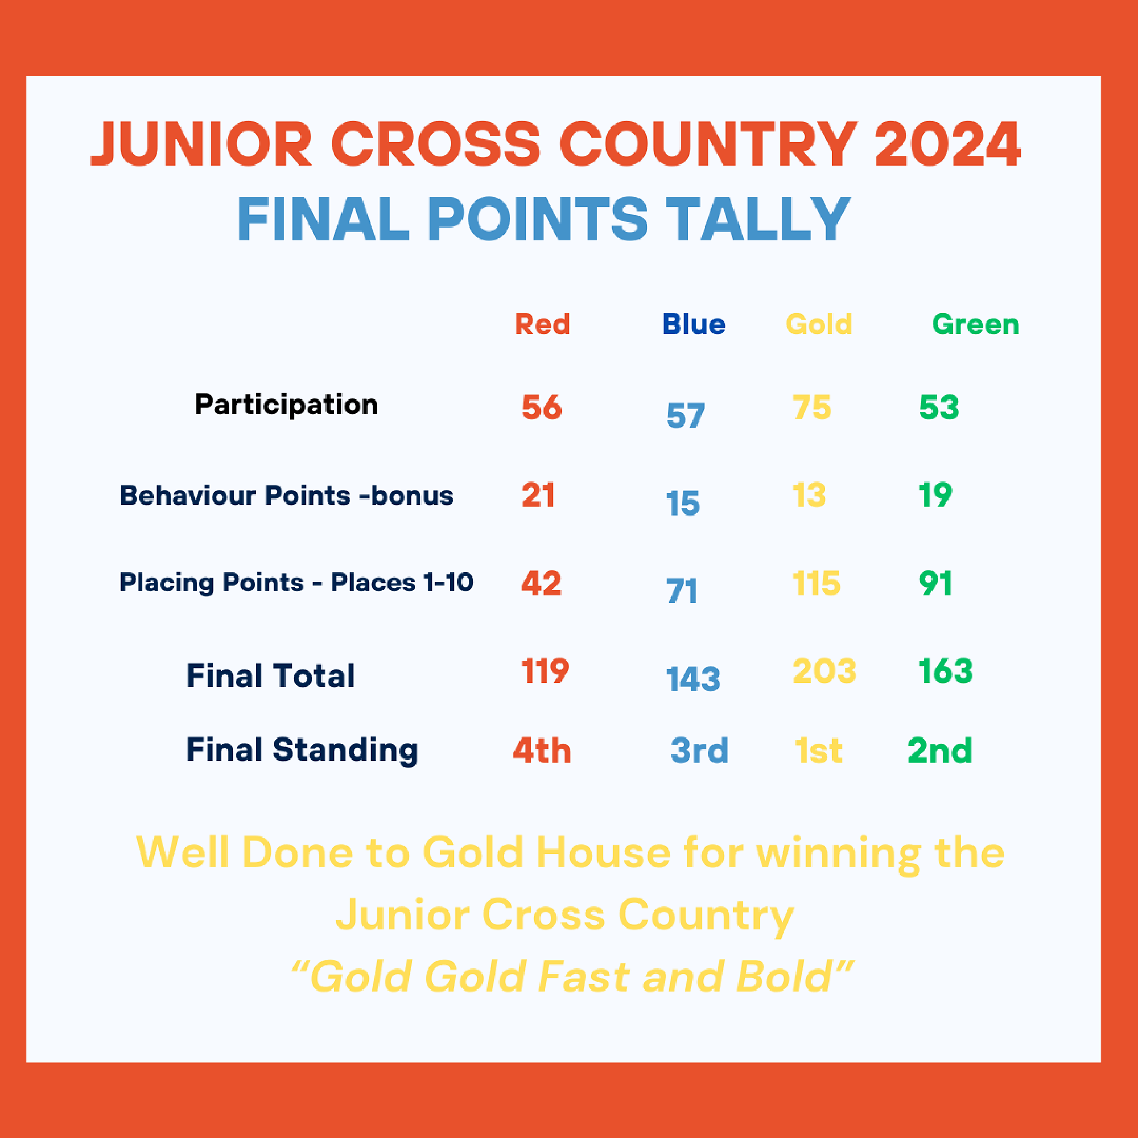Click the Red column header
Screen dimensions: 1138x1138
click(x=542, y=324)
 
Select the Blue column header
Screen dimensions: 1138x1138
click(x=694, y=324)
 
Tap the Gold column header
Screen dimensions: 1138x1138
click(x=819, y=324)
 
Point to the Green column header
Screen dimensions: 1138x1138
click(x=975, y=324)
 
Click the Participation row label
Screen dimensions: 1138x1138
click(x=286, y=405)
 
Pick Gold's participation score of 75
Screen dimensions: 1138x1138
click(x=812, y=407)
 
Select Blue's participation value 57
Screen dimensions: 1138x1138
click(x=686, y=415)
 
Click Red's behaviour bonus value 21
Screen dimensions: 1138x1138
click(x=538, y=495)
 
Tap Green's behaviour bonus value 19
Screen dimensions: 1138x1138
click(x=935, y=495)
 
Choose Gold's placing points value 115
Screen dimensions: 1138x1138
click(x=817, y=583)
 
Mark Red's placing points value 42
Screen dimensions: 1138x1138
click(x=541, y=583)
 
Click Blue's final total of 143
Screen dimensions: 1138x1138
click(x=692, y=679)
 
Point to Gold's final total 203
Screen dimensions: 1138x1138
click(x=824, y=671)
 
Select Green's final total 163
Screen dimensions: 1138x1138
click(x=945, y=671)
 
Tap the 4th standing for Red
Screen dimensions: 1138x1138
click(x=542, y=751)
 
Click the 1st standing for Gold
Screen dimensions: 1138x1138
click(x=818, y=751)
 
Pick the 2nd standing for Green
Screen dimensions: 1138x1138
click(x=939, y=751)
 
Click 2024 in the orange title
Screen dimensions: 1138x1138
click(x=947, y=145)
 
